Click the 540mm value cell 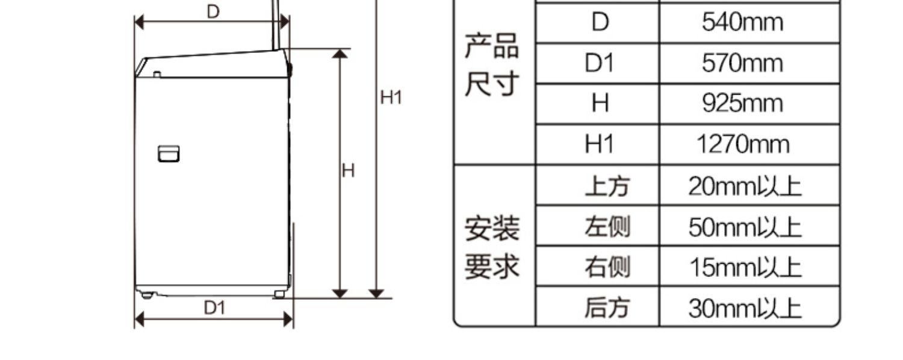coord(743,23)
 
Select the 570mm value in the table coord(743,63)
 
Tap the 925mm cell coord(743,104)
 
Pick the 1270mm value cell coord(743,144)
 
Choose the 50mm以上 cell coord(745,227)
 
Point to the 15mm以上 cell coord(745,267)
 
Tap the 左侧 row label coord(607,227)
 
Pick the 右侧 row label coord(607,267)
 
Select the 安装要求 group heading coord(491,247)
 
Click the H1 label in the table coord(599,144)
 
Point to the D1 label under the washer coord(214,308)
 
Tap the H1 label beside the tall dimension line coord(391,97)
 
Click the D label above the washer coord(214,11)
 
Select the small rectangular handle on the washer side coord(169,154)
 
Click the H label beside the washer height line coord(349,171)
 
